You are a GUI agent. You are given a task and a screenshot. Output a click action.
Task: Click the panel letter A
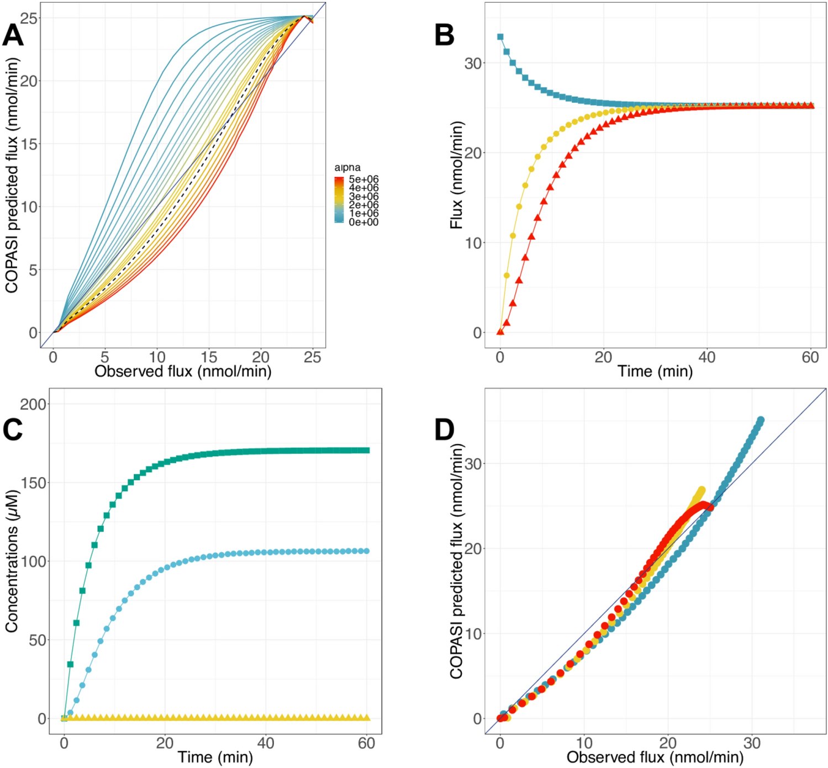[13, 35]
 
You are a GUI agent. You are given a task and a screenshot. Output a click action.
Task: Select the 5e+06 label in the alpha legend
[363, 179]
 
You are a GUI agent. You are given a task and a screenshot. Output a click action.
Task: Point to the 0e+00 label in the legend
[363, 222]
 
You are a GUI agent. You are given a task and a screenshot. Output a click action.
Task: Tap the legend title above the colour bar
[347, 167]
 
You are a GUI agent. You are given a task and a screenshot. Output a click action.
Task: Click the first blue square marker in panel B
[500, 37]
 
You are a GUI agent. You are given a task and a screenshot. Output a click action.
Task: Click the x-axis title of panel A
[183, 371]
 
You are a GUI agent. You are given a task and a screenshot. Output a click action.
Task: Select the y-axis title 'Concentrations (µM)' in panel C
[12, 562]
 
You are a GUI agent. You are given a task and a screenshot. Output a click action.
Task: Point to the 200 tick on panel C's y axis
[33, 404]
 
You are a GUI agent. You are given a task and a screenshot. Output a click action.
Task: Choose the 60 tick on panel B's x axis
[810, 358]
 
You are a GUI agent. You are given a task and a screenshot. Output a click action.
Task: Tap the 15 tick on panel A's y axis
[29, 144]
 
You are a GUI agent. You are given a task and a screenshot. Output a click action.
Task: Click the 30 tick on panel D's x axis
[751, 743]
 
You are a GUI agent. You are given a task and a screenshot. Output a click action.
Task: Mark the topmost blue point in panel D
[761, 420]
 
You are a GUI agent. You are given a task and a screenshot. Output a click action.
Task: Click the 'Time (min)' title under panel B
[655, 371]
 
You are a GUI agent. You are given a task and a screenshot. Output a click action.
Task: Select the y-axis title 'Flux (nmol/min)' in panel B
[456, 175]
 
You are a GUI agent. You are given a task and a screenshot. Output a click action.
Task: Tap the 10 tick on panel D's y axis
[473, 634]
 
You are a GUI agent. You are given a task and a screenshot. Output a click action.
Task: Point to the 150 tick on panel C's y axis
[33, 483]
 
